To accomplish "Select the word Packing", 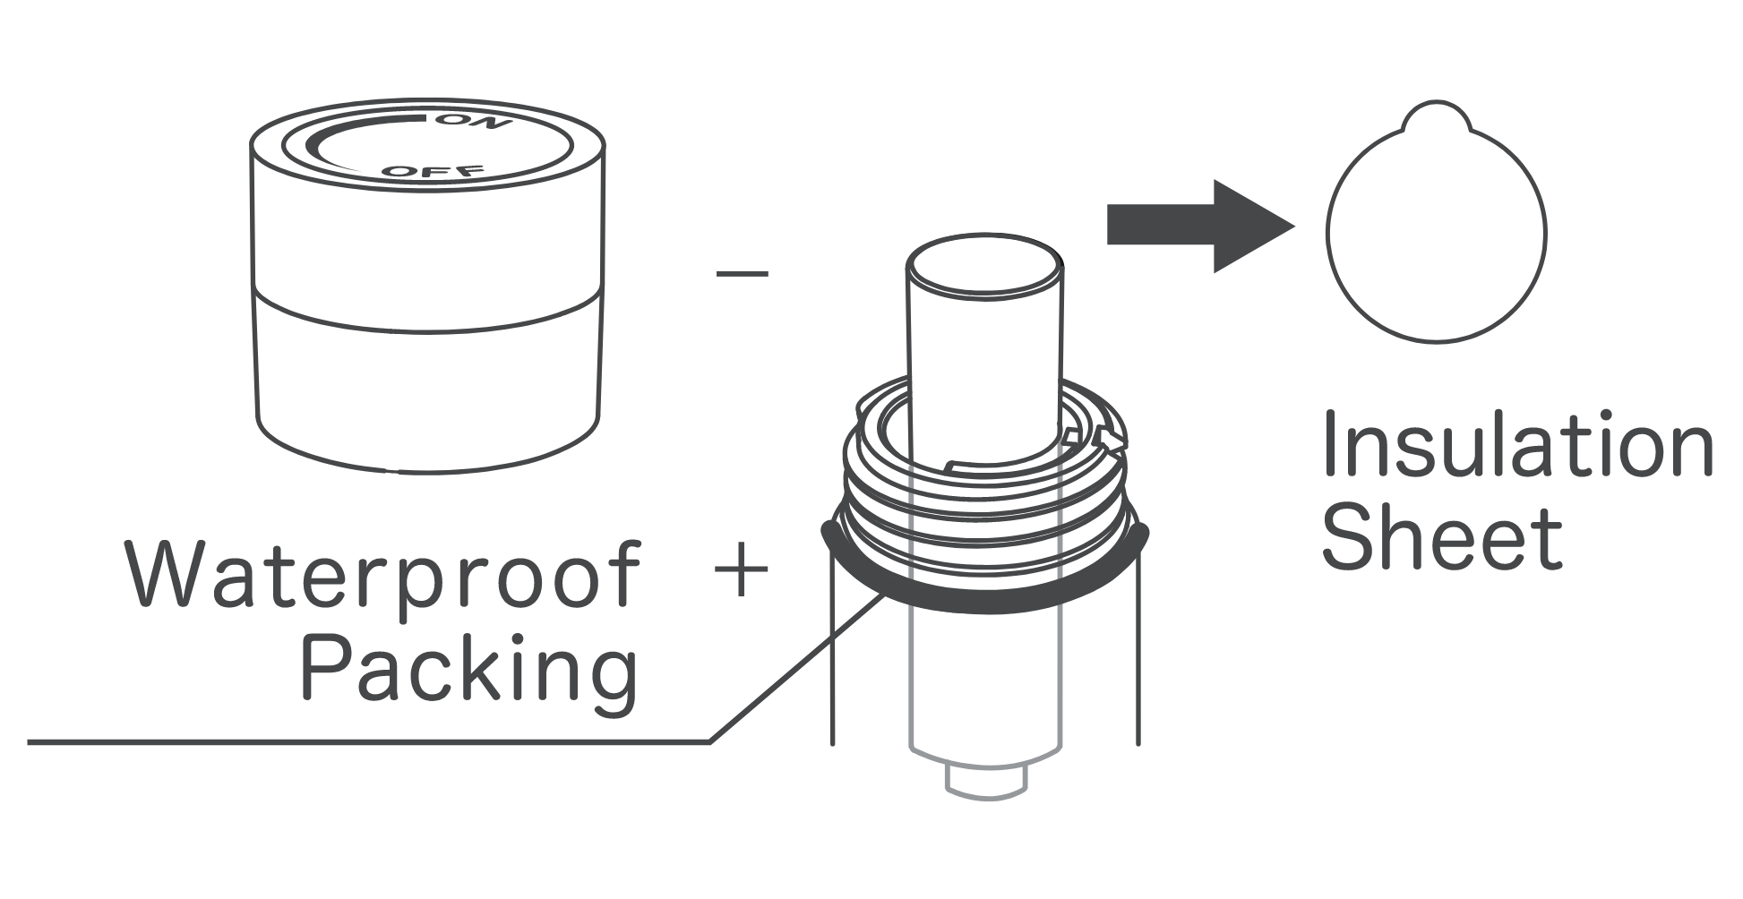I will pos(469,670).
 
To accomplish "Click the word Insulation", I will pos(1517,446).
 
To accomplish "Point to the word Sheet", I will pos(1442,537).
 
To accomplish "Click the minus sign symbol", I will pos(743,272).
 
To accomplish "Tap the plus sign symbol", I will pos(743,570).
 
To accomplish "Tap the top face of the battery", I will pos(984,267).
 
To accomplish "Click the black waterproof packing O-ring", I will pos(985,605).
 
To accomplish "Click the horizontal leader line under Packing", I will pos(358,741).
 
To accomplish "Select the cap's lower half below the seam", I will pos(426,394).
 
